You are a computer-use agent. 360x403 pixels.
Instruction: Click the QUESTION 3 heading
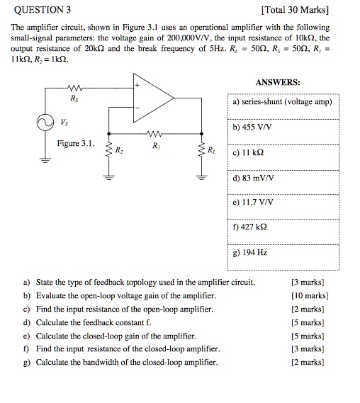tap(43, 10)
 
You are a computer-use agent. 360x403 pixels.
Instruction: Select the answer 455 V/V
tap(254, 129)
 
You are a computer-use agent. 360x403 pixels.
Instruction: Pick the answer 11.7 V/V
tap(256, 202)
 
